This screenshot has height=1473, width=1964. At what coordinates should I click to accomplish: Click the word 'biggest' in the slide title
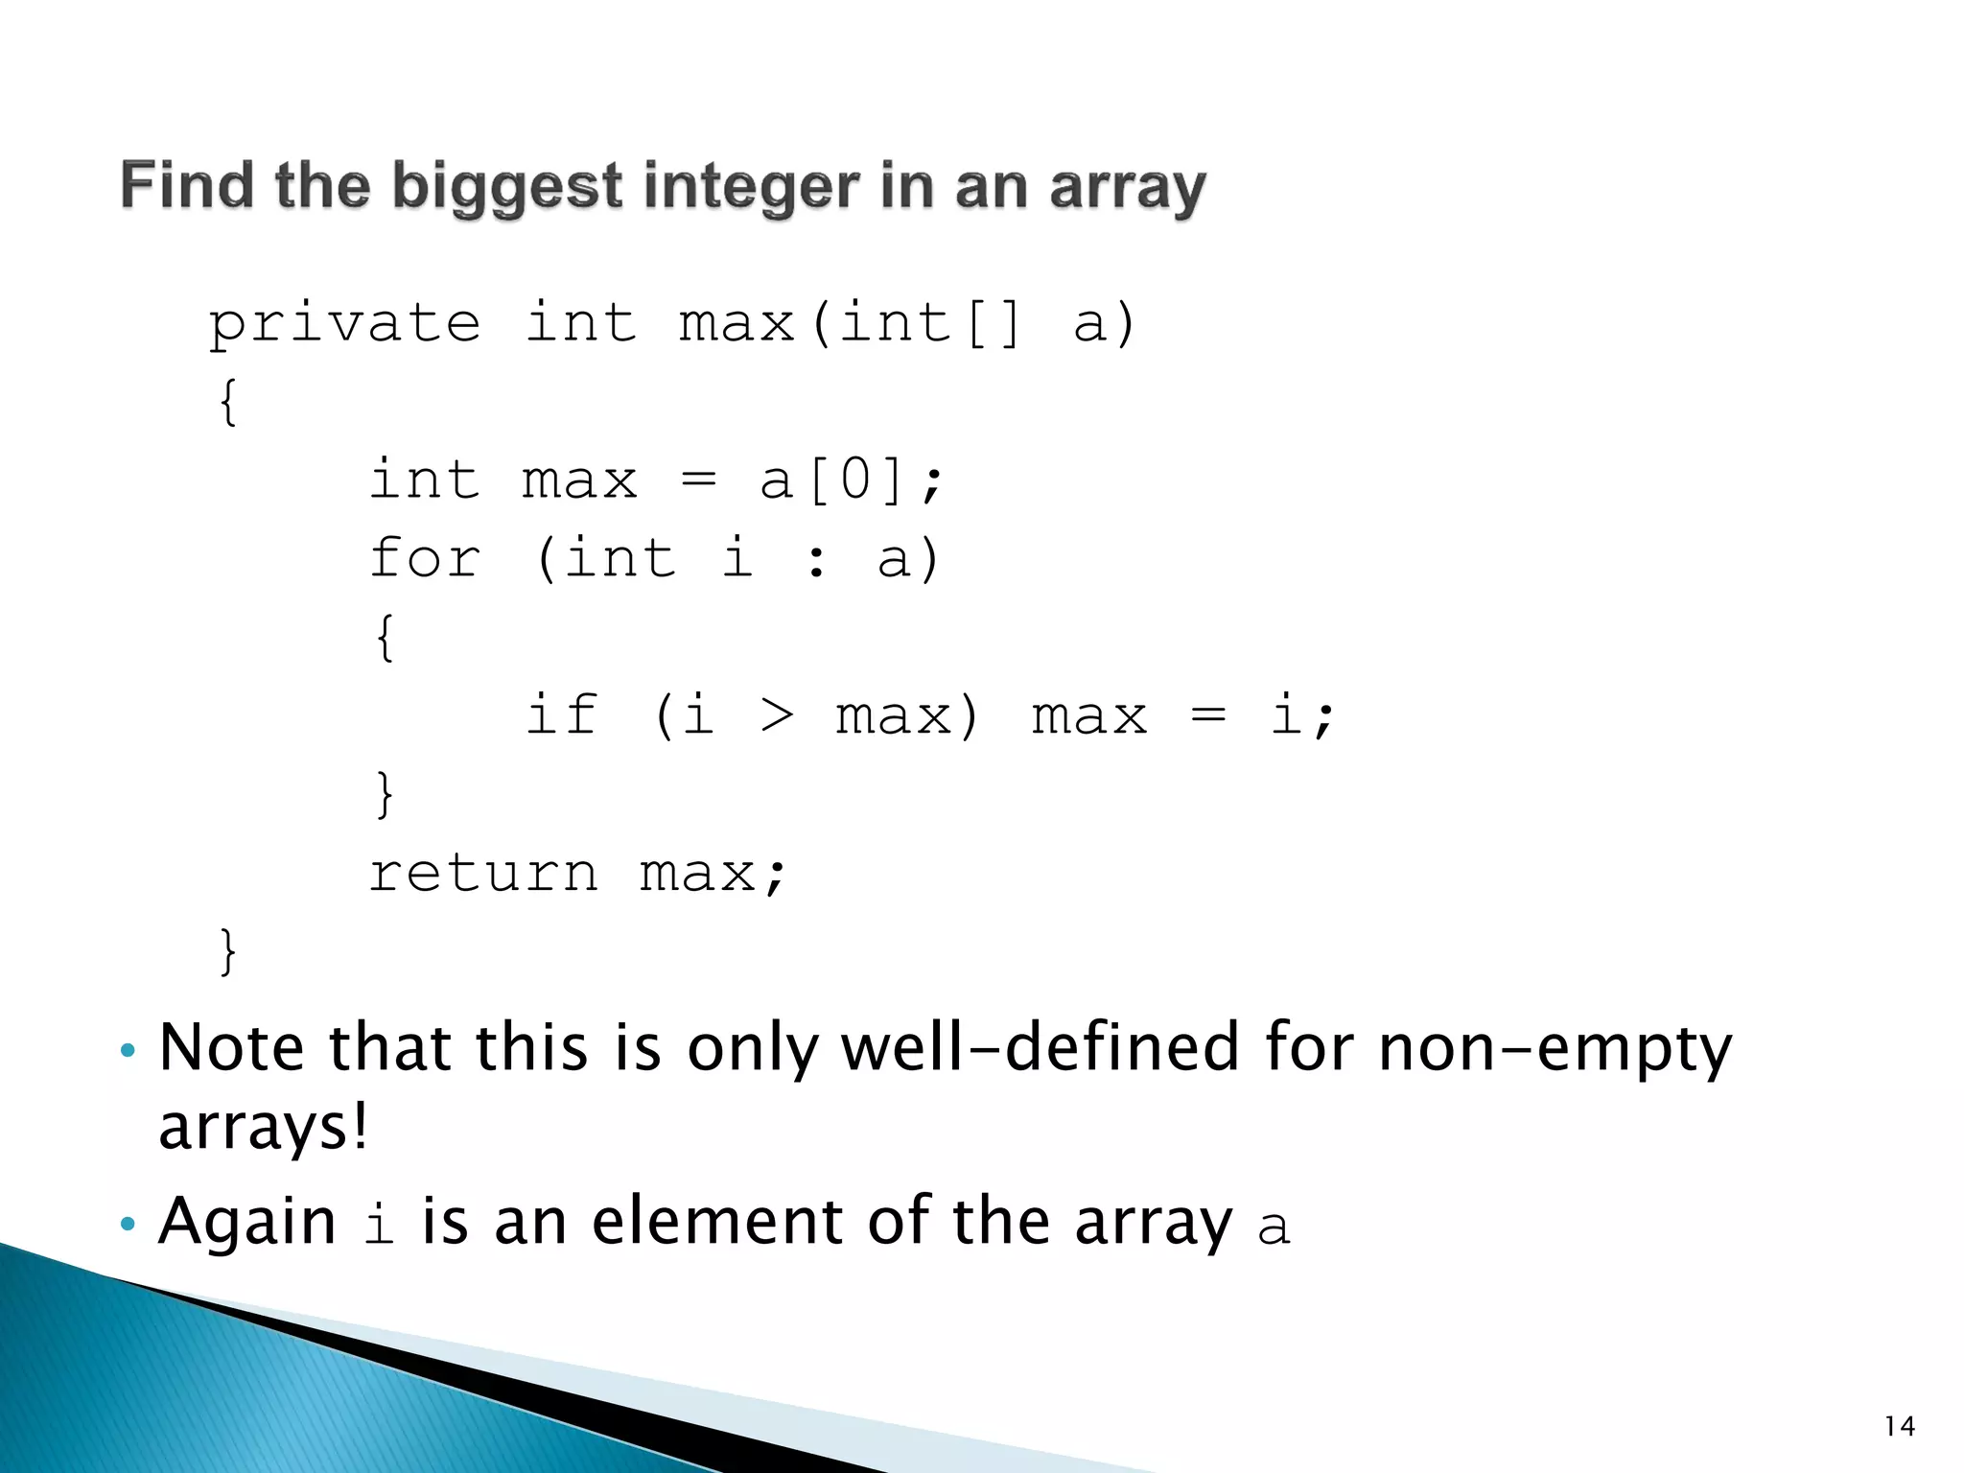[507, 186]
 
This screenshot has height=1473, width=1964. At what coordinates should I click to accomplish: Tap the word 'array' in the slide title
[1128, 186]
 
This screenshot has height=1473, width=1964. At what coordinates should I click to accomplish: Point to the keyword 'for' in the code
[425, 558]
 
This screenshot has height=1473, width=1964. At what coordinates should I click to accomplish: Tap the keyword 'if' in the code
[562, 715]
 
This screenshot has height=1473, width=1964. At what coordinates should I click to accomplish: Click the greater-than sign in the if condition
[777, 715]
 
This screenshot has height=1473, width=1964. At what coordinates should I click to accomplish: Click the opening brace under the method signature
[227, 401]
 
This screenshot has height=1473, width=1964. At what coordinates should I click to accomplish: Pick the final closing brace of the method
[227, 951]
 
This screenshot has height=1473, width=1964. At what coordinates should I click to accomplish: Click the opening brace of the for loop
[385, 637]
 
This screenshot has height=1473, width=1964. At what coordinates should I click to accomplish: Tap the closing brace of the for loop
[385, 794]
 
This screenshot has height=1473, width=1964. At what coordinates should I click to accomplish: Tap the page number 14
[1899, 1426]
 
